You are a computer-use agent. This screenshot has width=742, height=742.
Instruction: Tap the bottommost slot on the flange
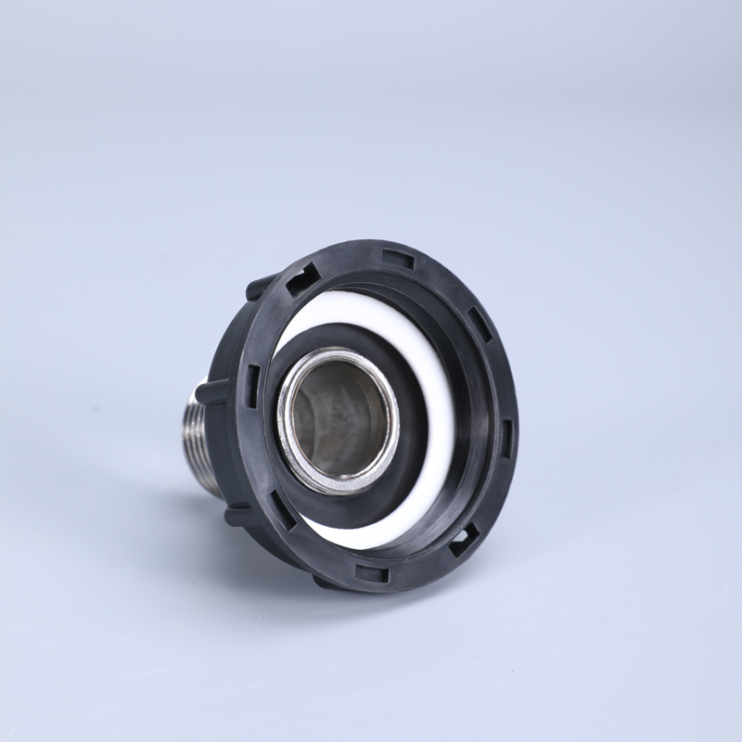tap(372, 574)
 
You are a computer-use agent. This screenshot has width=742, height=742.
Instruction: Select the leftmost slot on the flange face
tap(252, 379)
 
